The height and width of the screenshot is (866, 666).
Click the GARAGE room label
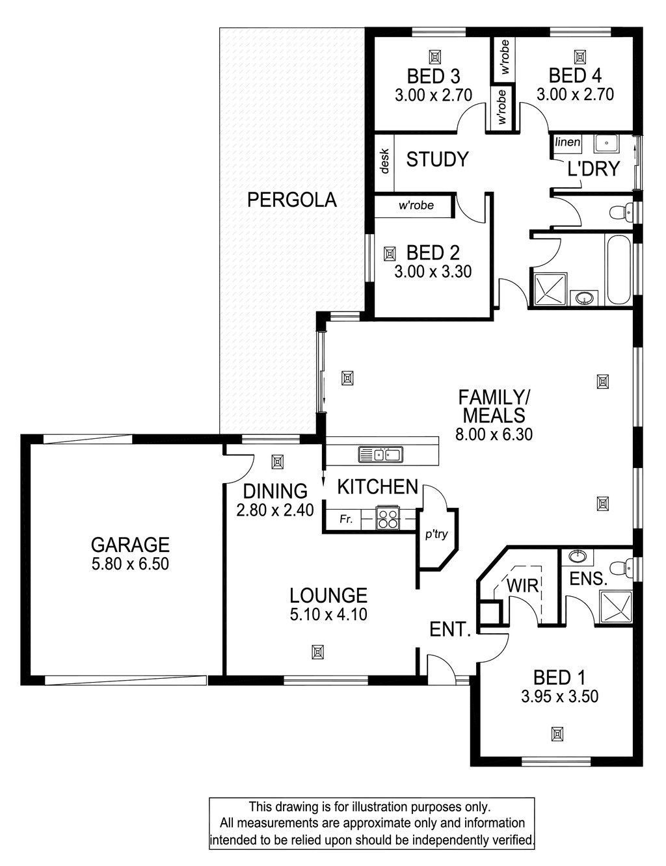click(130, 544)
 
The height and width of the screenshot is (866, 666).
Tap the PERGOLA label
click(292, 200)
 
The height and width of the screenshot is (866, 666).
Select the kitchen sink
click(380, 454)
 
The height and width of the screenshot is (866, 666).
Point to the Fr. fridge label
click(346, 519)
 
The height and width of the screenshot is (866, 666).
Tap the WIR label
click(522, 586)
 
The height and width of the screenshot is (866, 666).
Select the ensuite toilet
click(622, 567)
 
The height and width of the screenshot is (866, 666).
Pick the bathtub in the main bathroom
click(619, 270)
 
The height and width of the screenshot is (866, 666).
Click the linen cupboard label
click(567, 142)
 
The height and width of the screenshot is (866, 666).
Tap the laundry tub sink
click(606, 144)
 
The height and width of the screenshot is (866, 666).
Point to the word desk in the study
click(384, 161)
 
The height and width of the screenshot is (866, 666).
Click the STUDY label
click(437, 159)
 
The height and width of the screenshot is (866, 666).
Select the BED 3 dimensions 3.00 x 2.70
click(433, 96)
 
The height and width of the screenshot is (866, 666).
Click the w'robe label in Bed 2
click(416, 205)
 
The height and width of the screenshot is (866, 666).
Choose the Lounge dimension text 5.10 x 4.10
click(328, 614)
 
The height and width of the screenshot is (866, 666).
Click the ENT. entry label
click(450, 630)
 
